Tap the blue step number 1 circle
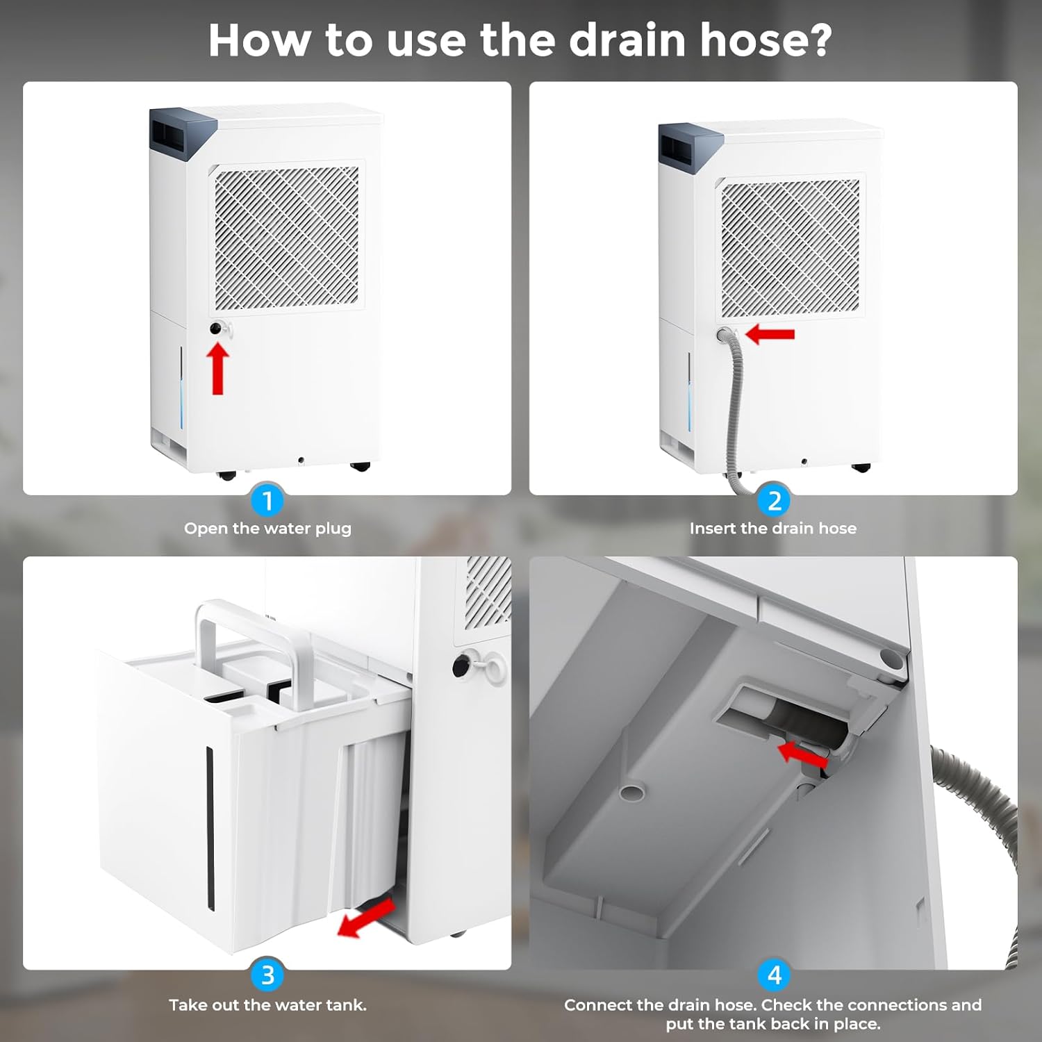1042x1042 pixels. coord(267,500)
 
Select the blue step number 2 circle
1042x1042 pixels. coord(775,500)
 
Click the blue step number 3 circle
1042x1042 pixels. coord(267,975)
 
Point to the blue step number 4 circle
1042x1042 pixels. coord(775,975)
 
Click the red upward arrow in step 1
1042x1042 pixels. coord(218,370)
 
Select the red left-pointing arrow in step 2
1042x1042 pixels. coord(770,334)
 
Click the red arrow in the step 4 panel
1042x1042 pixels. coord(802,754)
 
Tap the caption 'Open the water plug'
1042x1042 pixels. coord(267,529)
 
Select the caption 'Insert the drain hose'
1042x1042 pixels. coord(773,529)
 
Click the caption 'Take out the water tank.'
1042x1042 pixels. coord(267,1005)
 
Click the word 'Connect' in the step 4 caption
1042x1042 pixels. coord(598,1005)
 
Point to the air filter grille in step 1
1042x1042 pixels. coord(287,237)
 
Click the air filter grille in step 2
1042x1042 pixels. coord(791,247)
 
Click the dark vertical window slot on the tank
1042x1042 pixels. coord(210,829)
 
